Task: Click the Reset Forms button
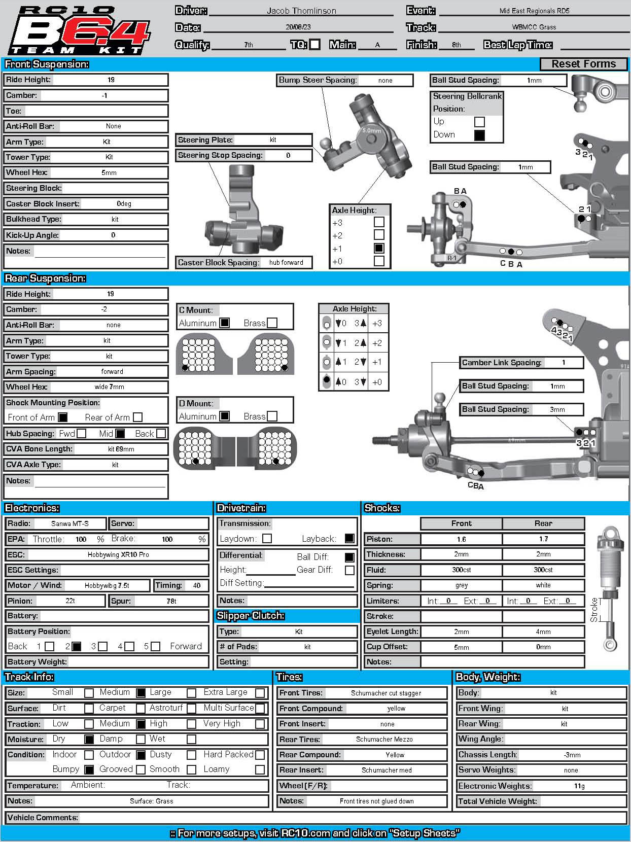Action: (x=583, y=64)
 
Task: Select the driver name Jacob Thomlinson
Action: (x=301, y=11)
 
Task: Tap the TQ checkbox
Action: (x=315, y=45)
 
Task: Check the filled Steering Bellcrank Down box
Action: (x=479, y=135)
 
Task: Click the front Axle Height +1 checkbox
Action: (x=379, y=249)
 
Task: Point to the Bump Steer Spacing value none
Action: (x=385, y=80)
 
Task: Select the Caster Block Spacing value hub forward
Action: (x=286, y=262)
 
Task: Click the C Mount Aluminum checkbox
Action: (x=225, y=323)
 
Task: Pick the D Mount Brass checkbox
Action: (x=272, y=416)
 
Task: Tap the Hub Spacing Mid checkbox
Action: (x=120, y=434)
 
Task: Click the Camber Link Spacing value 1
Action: (x=563, y=363)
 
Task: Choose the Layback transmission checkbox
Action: (x=349, y=539)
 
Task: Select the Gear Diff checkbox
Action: (x=349, y=570)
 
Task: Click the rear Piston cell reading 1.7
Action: (x=543, y=539)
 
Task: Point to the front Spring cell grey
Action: (x=461, y=585)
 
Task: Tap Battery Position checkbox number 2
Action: (x=76, y=647)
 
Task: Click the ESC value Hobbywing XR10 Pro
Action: (x=118, y=554)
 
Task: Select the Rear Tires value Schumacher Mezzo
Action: (x=384, y=739)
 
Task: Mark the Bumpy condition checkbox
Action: (x=89, y=769)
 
